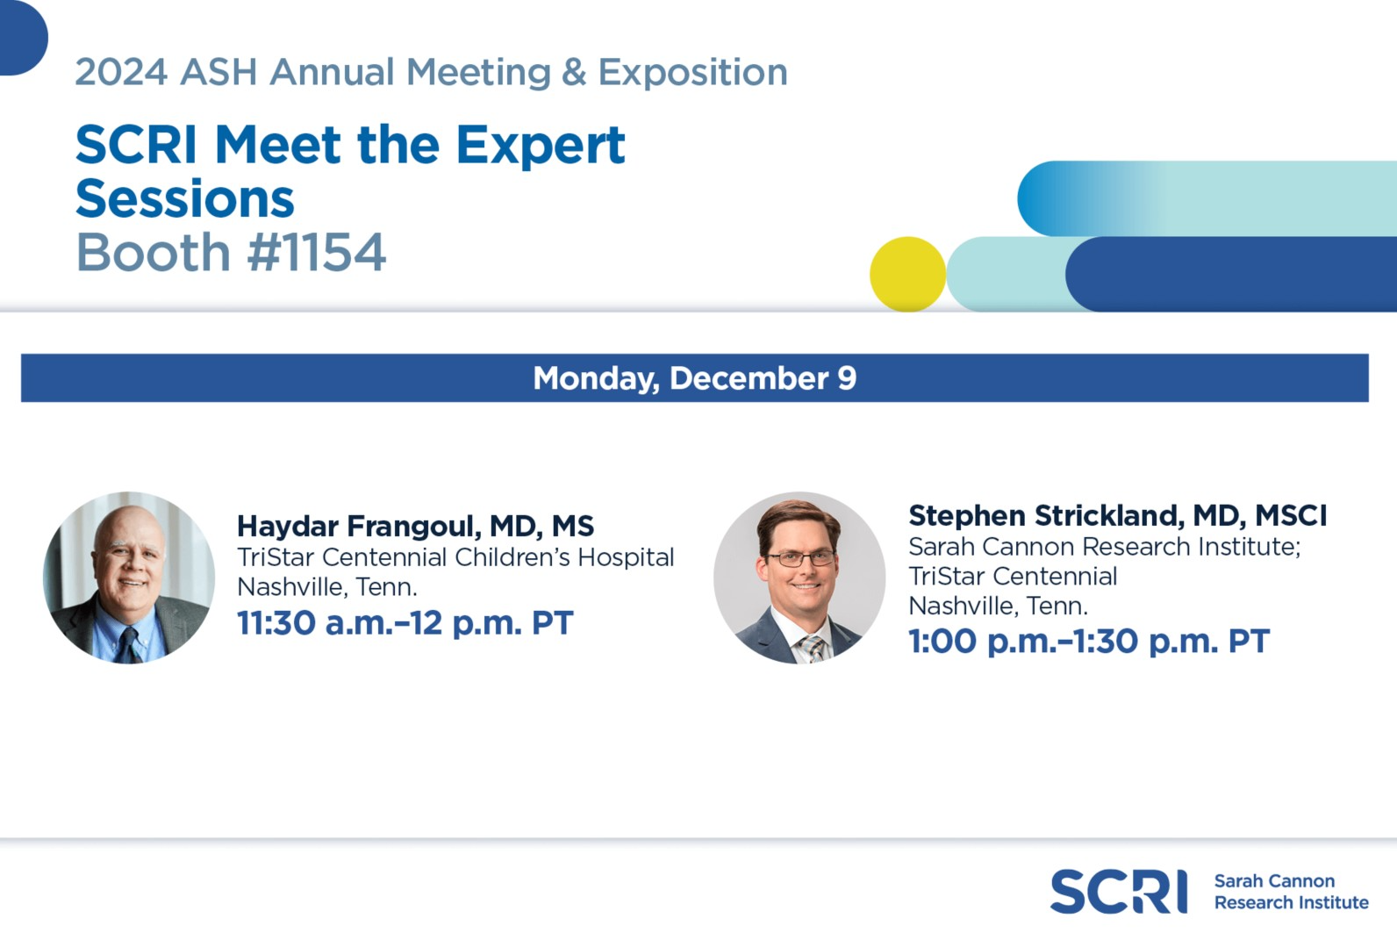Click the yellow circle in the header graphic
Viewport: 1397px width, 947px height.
coord(907,274)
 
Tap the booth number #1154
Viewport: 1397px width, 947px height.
coord(316,253)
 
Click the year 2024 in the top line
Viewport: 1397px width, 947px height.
coord(121,72)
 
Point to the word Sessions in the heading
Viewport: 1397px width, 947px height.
coord(184,198)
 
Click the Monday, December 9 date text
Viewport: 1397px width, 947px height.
coord(695,378)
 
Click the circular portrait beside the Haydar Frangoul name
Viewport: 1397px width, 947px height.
coord(129,578)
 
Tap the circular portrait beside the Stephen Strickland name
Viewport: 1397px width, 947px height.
coord(799,578)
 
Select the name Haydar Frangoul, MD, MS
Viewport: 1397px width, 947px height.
coord(415,526)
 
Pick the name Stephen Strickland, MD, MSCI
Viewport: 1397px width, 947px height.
coord(1118,515)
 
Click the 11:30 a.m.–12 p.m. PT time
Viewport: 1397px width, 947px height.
coord(405,622)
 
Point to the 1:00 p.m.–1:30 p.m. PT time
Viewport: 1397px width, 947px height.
coord(1089,642)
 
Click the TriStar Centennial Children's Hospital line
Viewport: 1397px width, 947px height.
coord(455,557)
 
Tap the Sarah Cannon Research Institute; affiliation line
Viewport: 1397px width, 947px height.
coord(1105,547)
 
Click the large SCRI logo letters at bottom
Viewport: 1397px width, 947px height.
coord(1119,892)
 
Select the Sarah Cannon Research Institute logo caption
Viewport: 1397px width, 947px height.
coord(1291,892)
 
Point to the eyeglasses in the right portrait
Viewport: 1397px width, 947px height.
coord(800,558)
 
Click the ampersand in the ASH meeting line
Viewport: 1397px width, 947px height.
coord(574,72)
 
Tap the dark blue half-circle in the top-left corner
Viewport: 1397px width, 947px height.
coord(22,38)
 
